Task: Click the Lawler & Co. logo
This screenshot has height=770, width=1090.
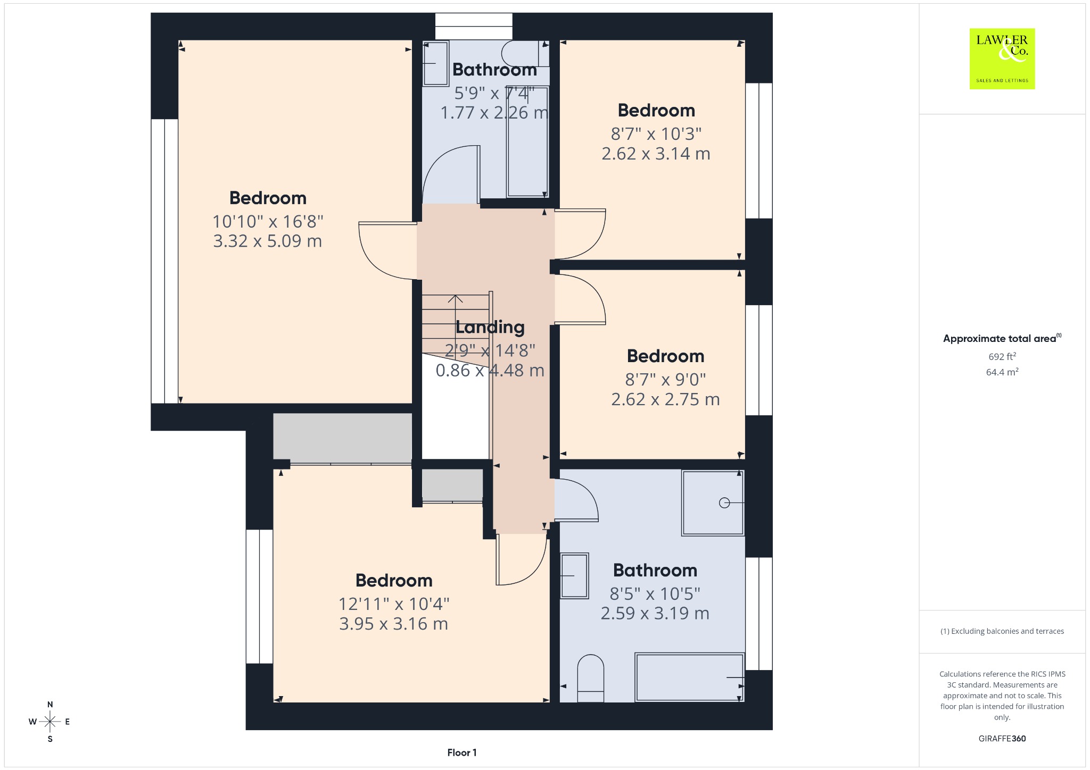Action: [1002, 58]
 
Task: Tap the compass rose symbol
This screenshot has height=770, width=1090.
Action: [50, 722]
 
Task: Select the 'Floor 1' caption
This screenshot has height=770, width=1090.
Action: [462, 752]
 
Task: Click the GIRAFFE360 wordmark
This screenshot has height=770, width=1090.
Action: [1002, 739]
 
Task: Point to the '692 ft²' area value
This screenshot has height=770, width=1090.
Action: [1002, 356]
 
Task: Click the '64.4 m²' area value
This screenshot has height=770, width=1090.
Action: [1002, 372]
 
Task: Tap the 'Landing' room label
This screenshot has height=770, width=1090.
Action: [490, 328]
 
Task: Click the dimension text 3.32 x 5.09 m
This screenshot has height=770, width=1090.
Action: [268, 241]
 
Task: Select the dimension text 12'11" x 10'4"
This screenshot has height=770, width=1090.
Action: [394, 604]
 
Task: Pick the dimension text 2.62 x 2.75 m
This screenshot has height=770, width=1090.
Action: [665, 399]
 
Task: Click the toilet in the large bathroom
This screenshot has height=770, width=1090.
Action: [591, 678]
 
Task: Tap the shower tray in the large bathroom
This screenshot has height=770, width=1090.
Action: [713, 503]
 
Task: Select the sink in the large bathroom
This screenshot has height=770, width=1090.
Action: [574, 575]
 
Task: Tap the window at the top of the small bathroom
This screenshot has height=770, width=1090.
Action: [474, 26]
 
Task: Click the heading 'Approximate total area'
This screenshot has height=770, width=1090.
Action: [1000, 339]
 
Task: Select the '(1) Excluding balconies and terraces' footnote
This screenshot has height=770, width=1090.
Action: [1002, 631]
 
